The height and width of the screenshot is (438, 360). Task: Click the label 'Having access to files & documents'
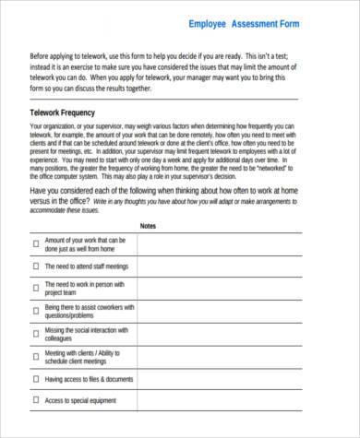click(89, 378)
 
